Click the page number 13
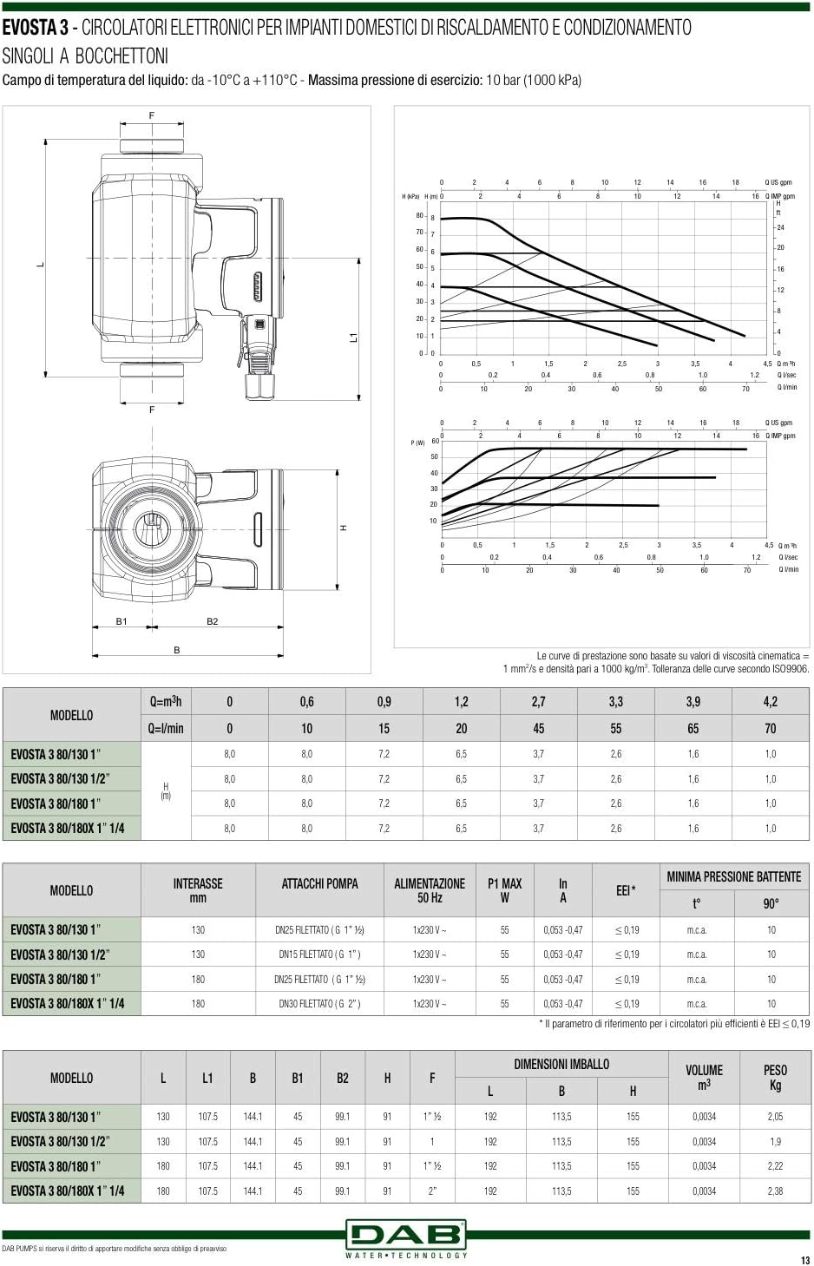804,1260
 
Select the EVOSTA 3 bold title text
35,28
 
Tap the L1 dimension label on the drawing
353,337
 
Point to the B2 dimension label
212,621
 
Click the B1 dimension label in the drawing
121,621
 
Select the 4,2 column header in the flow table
770,702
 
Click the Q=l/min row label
166,729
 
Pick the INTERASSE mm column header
198,890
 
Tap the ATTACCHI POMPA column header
319,884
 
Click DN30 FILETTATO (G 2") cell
319,1004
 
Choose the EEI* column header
626,890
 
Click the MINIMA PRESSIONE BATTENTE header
733,877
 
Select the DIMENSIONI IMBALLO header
561,1064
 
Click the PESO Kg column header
775,1077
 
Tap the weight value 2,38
775,1191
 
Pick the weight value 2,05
775,1117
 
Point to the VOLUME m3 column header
704,1077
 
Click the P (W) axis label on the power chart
417,443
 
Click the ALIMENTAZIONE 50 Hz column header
430,890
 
